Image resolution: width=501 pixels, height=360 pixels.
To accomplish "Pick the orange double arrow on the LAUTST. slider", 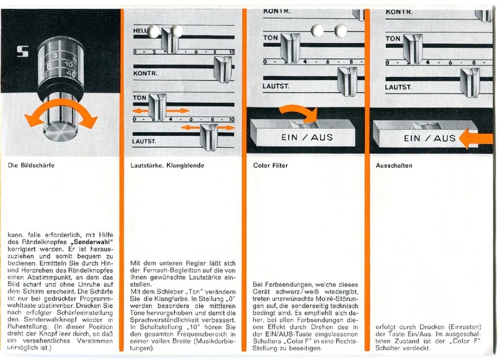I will pyautogui.click(x=207, y=128).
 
